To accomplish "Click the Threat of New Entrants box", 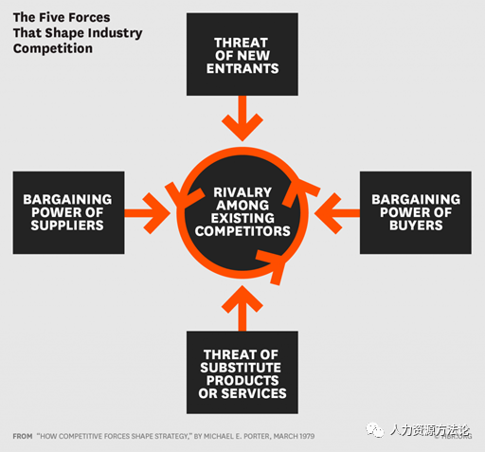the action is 242,54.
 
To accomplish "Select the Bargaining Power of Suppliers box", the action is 68,212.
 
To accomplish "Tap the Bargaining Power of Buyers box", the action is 416,212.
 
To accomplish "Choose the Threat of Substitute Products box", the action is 242,372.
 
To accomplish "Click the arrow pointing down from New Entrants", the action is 242,118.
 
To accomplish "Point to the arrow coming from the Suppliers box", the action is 148,213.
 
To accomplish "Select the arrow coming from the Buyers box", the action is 337,213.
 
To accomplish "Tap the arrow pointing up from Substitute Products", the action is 242,308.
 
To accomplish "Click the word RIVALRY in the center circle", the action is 242,192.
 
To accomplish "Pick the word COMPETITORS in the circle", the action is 242,231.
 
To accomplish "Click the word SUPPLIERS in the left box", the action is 67,226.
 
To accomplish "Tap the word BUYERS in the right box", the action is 416,226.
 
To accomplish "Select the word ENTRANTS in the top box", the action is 242,68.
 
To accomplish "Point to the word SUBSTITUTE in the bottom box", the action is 241,368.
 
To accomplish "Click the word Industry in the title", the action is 116,33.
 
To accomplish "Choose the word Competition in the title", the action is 53,48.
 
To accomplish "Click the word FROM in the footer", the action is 23,437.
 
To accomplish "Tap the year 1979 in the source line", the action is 307,437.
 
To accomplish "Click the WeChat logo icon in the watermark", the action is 374,430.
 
